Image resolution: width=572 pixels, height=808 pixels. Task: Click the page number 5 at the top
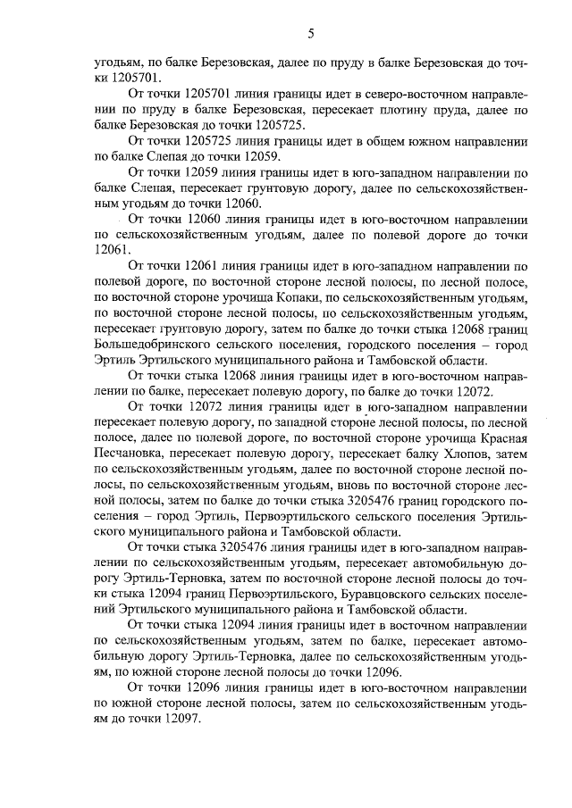click(310, 34)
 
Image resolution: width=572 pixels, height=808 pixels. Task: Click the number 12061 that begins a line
click(112, 250)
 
